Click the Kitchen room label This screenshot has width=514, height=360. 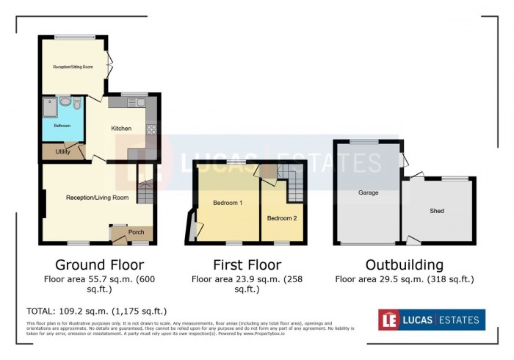point(121,129)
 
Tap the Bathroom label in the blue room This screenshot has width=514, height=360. point(62,126)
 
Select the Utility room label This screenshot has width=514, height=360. point(62,152)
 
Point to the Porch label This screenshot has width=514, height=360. point(136,232)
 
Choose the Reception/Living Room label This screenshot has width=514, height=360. point(97,198)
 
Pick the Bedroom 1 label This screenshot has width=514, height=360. point(228,202)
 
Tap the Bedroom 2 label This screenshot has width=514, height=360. point(281,218)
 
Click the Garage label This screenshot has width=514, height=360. point(368,193)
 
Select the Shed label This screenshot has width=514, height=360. point(437,211)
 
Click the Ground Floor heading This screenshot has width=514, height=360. point(100,264)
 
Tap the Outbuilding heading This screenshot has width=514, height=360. point(405,264)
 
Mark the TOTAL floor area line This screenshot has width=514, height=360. point(96,311)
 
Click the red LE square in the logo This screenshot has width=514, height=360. point(389,320)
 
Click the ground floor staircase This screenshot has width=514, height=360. point(145,192)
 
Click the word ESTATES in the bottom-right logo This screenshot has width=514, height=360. point(459,320)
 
